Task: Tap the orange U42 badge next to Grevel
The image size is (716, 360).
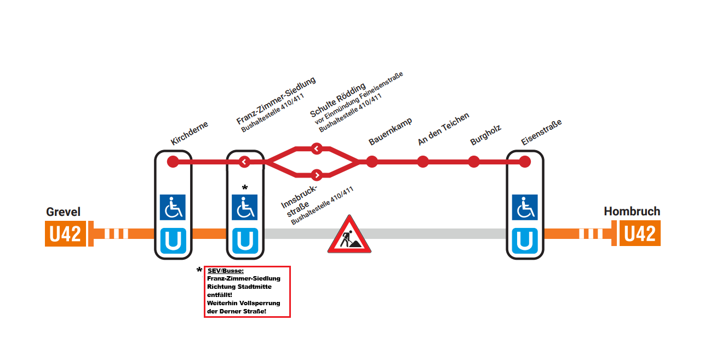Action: [x=65, y=234]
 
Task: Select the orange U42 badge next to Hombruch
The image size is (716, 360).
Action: [x=640, y=234]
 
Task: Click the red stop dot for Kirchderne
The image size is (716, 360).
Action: [x=173, y=162]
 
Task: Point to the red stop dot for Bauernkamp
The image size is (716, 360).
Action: [x=372, y=162]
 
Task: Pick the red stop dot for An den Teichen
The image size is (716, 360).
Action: [x=422, y=162]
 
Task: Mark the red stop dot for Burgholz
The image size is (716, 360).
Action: [x=474, y=162]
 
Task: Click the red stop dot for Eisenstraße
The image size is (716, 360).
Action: [x=525, y=162]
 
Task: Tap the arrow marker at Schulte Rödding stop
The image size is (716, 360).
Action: [x=316, y=148]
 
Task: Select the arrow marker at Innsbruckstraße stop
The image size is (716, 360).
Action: [x=316, y=175]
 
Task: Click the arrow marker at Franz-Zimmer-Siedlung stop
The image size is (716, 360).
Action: [x=244, y=162]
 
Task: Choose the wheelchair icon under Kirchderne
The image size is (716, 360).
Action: [x=173, y=207]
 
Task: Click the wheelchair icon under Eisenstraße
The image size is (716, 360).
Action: [x=525, y=207]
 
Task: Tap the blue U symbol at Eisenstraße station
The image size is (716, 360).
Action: [x=525, y=241]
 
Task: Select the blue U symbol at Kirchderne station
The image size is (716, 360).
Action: [x=173, y=241]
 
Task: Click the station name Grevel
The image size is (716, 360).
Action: [x=63, y=212]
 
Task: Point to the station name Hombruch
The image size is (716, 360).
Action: [x=632, y=212]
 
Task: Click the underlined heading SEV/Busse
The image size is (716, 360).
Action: [x=226, y=271]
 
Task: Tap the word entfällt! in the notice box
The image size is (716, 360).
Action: [x=219, y=295]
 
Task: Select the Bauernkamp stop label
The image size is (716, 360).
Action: [x=390, y=132]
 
